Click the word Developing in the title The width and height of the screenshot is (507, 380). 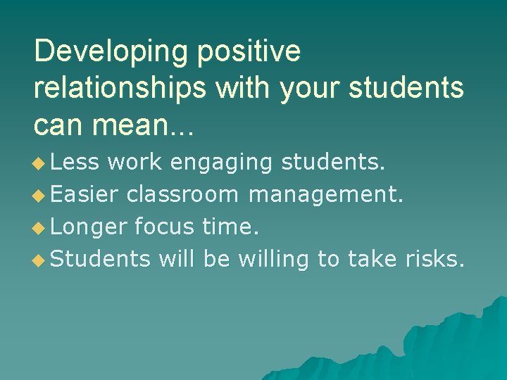[x=111, y=51]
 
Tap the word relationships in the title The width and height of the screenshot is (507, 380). [x=124, y=89]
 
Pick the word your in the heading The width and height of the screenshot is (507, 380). [x=307, y=89]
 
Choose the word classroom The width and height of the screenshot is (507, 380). [x=182, y=195]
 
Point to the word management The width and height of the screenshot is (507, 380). [x=327, y=195]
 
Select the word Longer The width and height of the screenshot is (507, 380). [x=89, y=227]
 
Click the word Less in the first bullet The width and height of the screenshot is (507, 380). [x=75, y=163]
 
